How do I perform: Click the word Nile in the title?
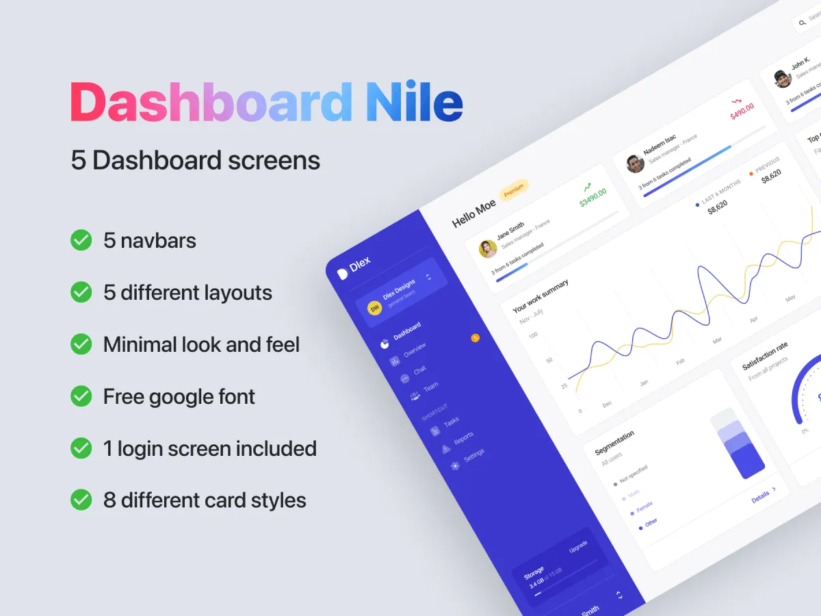[415, 102]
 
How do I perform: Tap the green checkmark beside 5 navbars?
[81, 240]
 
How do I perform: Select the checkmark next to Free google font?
[81, 396]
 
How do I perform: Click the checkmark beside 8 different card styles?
[81, 500]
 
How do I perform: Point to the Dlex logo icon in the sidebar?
[343, 274]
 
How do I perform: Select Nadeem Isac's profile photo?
[635, 164]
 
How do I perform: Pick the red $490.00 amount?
[742, 112]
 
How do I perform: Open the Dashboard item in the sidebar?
[407, 331]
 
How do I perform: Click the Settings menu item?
[473, 455]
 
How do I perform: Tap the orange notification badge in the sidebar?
[475, 338]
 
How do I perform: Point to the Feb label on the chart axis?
[680, 361]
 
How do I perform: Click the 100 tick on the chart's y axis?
[534, 335]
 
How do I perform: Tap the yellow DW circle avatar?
[374, 309]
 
